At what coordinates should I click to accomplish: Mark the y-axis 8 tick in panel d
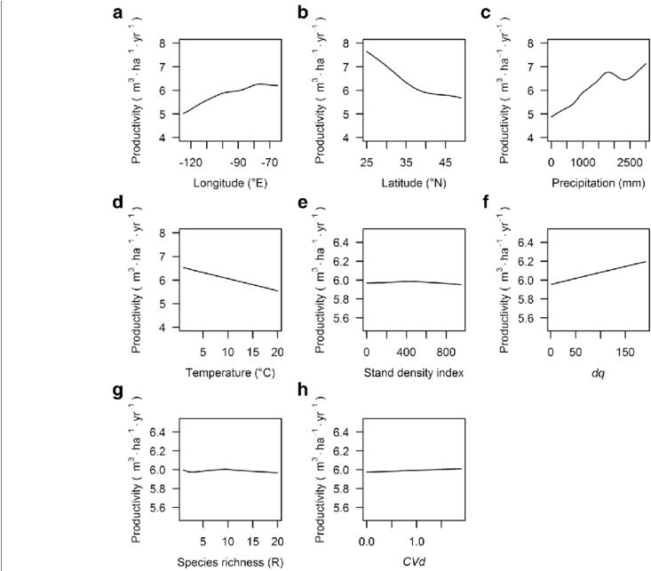[164, 234]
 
